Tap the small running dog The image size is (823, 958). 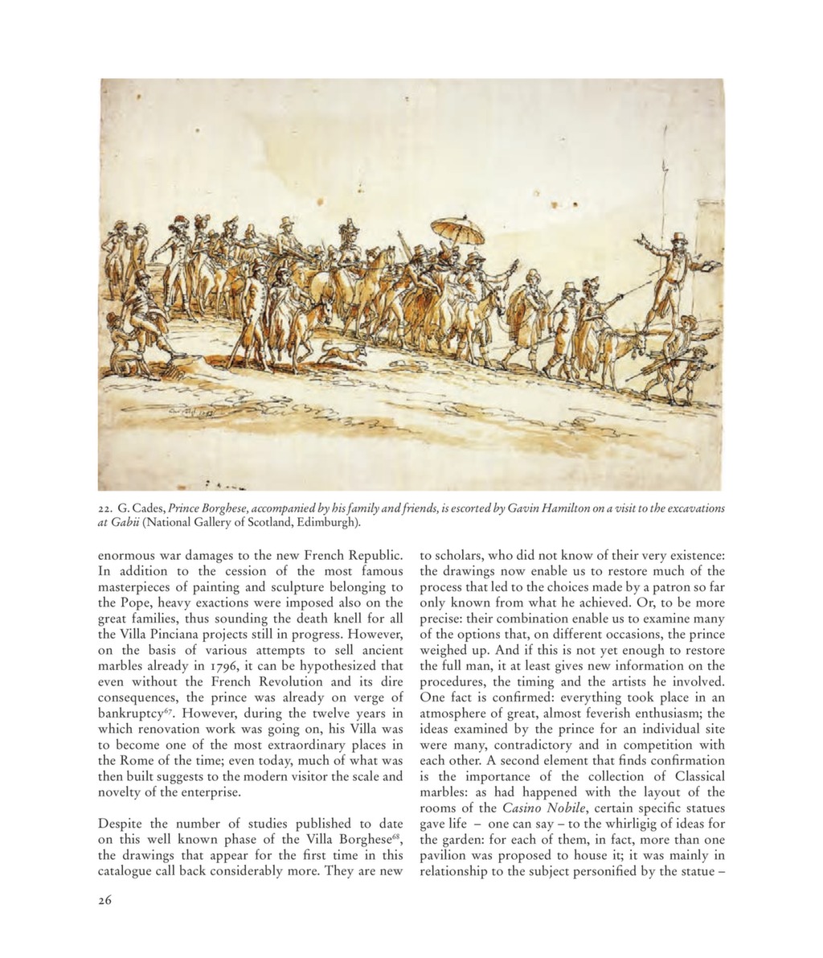339,351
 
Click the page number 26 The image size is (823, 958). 105,900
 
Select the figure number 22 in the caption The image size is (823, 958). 105,508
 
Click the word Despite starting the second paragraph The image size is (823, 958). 123,824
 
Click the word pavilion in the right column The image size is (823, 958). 444,855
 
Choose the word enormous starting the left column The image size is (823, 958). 127,555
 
